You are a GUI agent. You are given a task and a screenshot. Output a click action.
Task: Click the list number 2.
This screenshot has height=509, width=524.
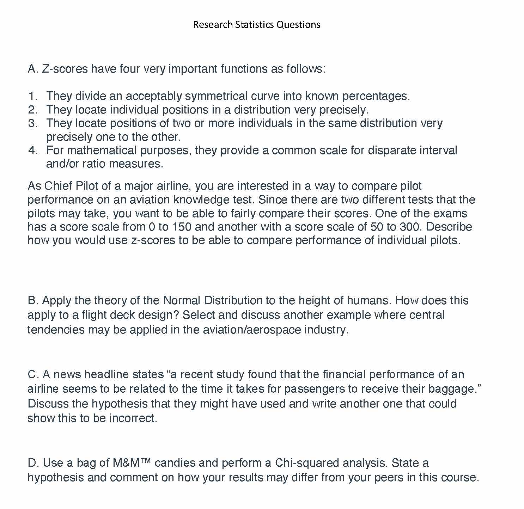(33, 110)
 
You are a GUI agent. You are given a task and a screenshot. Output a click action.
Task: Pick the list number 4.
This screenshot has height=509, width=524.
(33, 150)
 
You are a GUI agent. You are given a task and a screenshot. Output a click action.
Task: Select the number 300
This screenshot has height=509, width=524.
(410, 227)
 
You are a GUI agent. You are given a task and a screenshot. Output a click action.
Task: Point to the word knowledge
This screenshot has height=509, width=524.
(201, 200)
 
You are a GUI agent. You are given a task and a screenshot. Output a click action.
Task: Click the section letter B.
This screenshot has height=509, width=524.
(32, 300)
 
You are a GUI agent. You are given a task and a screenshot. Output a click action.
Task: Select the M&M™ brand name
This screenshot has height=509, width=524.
(132, 462)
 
